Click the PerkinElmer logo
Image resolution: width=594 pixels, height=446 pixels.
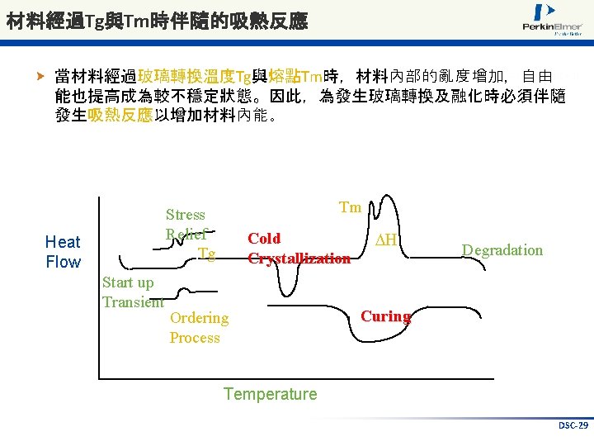pyautogui.click(x=552, y=20)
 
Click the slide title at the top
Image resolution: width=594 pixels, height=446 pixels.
pyautogui.click(x=157, y=21)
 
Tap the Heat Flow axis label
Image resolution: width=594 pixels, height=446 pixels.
pyautogui.click(x=63, y=252)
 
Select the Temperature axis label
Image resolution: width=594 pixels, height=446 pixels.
pyautogui.click(x=270, y=394)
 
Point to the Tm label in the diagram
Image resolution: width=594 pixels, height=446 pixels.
pyautogui.click(x=351, y=207)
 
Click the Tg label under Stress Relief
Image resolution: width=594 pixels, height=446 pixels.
pyautogui.click(x=206, y=254)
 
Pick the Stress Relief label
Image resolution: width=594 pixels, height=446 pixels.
pyautogui.click(x=186, y=224)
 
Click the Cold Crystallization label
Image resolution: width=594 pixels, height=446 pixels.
pyautogui.click(x=299, y=249)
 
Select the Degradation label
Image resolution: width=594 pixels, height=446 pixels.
pyautogui.click(x=502, y=250)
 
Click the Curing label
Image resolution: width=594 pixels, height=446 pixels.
pyautogui.click(x=385, y=316)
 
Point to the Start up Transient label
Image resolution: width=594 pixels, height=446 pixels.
pyautogui.click(x=131, y=292)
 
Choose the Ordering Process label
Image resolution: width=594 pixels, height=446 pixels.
pyautogui.click(x=199, y=327)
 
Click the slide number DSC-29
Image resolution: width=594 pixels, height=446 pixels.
pyautogui.click(x=573, y=425)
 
